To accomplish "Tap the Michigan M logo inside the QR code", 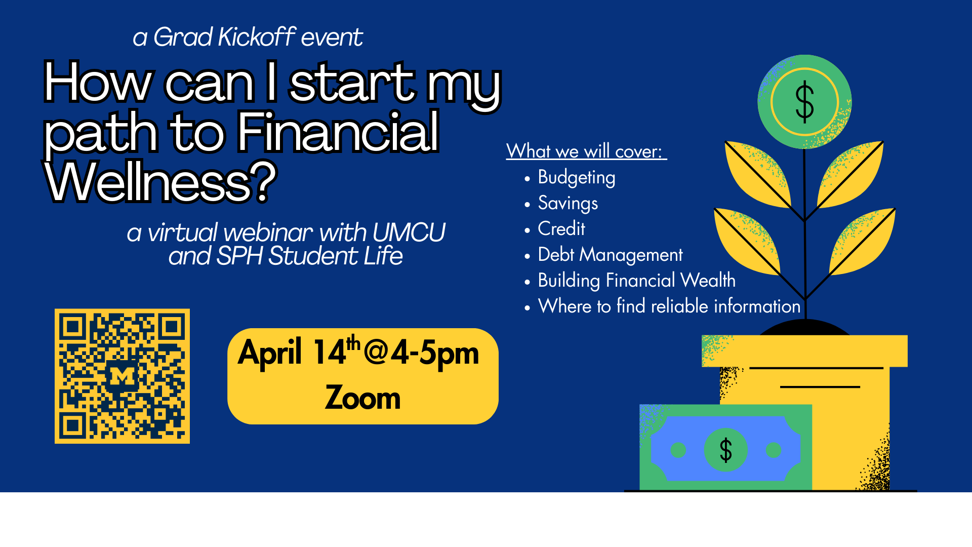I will click(x=122, y=376).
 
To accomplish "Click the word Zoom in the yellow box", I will click(x=362, y=398).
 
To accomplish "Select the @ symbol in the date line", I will click(x=376, y=353).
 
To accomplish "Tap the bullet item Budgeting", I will click(x=576, y=178).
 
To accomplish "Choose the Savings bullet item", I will click(x=568, y=204).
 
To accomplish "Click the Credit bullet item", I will click(x=561, y=229).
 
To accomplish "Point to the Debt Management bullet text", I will click(x=610, y=255).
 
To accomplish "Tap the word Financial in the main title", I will click(x=338, y=132).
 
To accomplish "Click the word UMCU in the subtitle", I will click(x=409, y=233).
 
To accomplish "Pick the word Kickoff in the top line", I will click(x=256, y=37).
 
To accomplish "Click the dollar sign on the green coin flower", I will click(x=804, y=102).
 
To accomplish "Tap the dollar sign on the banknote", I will click(x=725, y=450).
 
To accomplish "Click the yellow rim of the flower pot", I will click(x=805, y=350).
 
